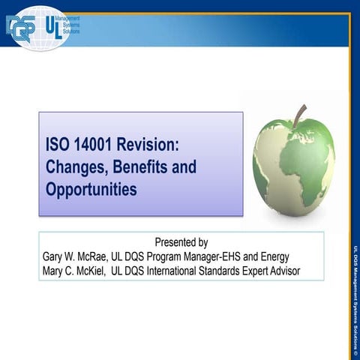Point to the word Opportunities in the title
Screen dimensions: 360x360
pyautogui.click(x=91, y=189)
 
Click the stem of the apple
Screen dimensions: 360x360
pyautogui.click(x=300, y=116)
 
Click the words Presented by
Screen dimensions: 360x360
pyautogui.click(x=181, y=242)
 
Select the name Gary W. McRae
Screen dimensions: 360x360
pyautogui.click(x=74, y=256)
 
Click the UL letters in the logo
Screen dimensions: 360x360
pyautogui.click(x=52, y=28)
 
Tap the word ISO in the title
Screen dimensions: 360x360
pyautogui.click(x=58, y=144)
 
